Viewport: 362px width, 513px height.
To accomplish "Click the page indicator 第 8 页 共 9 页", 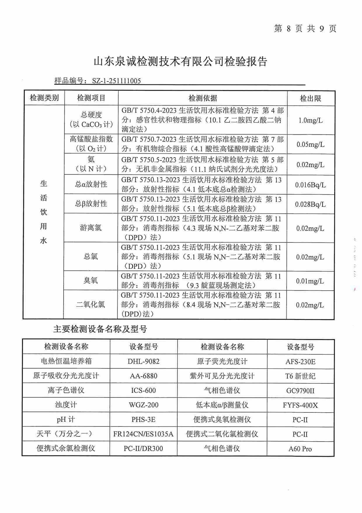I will (305, 28).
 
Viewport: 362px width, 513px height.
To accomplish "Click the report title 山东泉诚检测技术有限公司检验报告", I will (180, 62).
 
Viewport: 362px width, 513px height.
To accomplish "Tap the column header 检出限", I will (310, 98).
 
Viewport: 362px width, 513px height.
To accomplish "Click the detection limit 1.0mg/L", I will (310, 120).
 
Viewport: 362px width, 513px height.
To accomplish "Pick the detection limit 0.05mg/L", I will (310, 144).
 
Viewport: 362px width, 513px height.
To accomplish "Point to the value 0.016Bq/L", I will (310, 185).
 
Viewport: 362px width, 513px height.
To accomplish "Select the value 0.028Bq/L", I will (310, 204).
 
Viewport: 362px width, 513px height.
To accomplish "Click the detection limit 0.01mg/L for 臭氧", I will (310, 281).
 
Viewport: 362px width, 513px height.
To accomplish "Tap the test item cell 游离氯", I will (91, 228).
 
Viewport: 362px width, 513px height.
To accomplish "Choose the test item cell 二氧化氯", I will (90, 304).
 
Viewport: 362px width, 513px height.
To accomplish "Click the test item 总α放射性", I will (91, 184).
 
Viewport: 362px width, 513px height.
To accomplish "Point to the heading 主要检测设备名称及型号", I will (100, 329).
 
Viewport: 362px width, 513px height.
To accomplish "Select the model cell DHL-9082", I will (143, 361).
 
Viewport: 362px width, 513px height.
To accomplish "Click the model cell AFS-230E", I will (300, 362).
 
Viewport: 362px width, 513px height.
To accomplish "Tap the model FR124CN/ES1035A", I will (143, 434).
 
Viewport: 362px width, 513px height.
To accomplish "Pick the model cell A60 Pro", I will (300, 449).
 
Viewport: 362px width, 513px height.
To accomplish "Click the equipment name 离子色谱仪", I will (66, 390).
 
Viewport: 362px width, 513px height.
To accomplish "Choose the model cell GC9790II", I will (300, 391).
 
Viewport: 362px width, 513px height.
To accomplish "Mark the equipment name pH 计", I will (66, 419).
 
